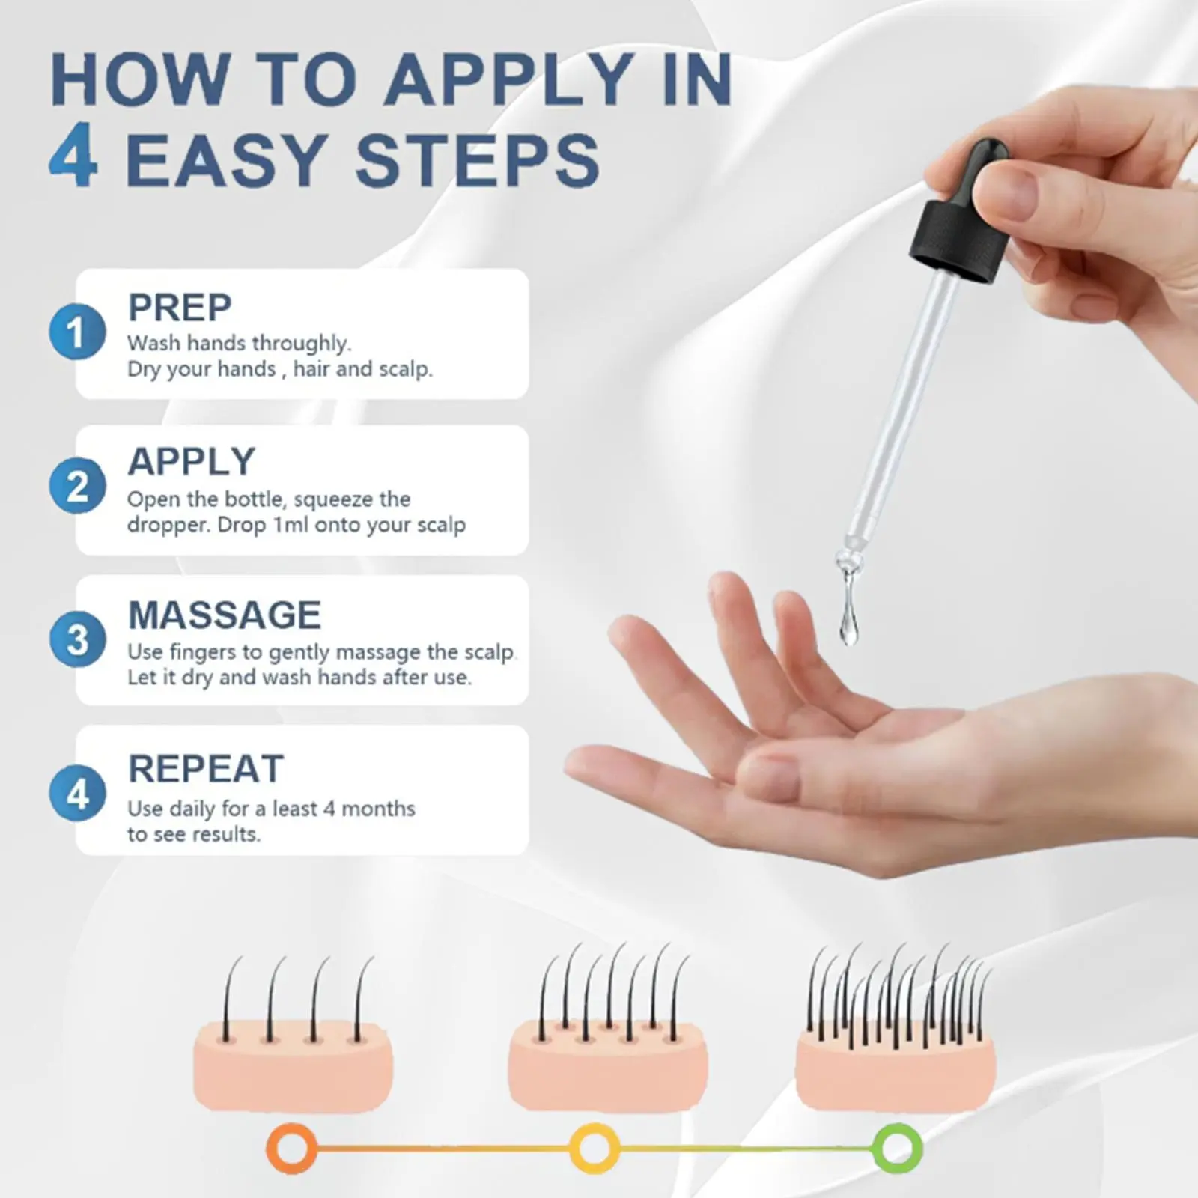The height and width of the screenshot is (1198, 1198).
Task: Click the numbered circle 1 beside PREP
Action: click(x=77, y=332)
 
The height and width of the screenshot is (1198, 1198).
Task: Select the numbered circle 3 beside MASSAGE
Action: click(x=77, y=639)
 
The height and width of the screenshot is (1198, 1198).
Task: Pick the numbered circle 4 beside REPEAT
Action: click(x=77, y=793)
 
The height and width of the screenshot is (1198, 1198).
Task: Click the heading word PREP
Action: click(x=180, y=307)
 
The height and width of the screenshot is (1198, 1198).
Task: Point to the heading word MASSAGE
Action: click(x=225, y=615)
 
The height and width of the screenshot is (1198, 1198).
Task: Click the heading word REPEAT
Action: click(x=206, y=769)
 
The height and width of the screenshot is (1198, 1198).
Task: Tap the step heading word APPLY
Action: click(x=192, y=461)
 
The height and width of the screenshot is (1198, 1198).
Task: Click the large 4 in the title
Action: click(x=73, y=159)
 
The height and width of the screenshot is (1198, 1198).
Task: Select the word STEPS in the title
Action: click(x=477, y=160)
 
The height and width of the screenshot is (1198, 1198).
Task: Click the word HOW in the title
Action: click(x=140, y=79)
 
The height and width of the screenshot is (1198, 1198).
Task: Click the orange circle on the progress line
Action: click(x=292, y=1148)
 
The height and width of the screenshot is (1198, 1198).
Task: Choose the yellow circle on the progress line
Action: click(x=595, y=1148)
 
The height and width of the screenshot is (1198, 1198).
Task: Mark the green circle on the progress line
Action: click(x=897, y=1148)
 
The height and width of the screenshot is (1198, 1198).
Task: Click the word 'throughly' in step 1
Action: click(x=301, y=344)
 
